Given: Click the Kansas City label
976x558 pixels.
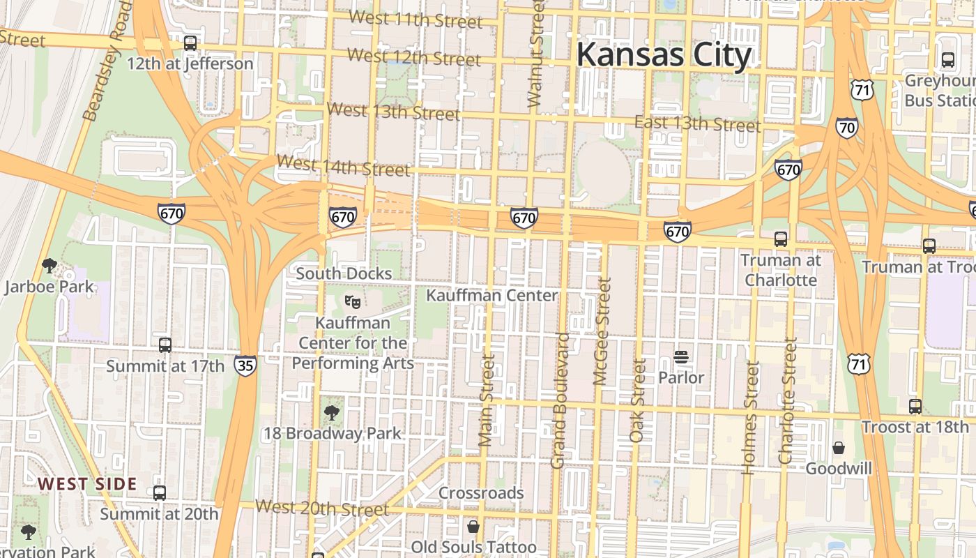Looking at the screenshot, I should coord(664,54).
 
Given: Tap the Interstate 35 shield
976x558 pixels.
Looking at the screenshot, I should coord(245,365).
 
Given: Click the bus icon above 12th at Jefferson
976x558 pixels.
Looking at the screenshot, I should coord(190,43).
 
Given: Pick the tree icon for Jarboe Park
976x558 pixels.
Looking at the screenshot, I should coord(49,266).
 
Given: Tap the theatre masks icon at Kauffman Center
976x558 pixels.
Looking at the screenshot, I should coord(353,302).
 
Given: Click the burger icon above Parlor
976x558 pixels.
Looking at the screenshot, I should coord(681,358).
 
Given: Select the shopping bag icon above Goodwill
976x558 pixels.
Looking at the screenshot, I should coord(839,448).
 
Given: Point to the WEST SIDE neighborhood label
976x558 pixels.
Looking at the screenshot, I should coord(87,484).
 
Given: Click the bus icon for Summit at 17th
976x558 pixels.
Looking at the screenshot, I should coord(165,345).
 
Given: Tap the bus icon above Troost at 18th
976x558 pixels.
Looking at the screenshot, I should coord(915,407).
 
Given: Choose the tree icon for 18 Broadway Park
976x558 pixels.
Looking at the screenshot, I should coord(332,413).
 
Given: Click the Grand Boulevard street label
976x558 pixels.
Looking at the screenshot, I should coord(559,400).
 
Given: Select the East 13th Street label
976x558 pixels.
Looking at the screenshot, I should coord(697,124).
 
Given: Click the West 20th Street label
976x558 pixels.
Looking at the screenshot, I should coord(322,508).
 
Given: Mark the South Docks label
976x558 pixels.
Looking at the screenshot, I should coord(344,273).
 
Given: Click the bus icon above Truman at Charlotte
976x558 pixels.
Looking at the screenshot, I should coord(781,239).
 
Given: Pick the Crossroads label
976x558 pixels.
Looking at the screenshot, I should coord(481,493).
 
